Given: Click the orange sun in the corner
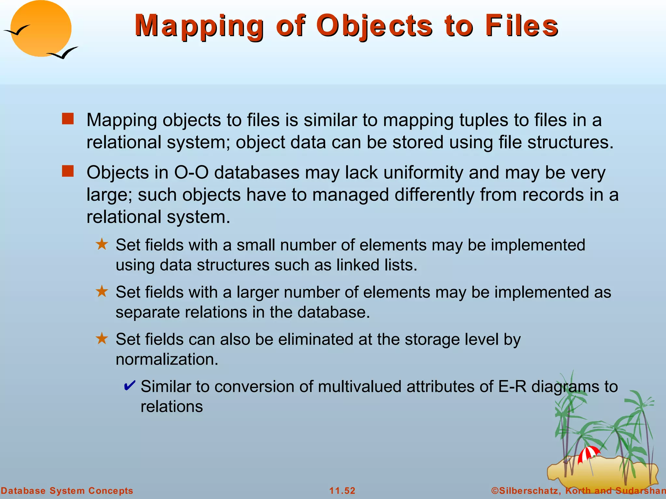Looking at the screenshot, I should [x=41, y=29].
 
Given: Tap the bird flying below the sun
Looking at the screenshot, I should [x=63, y=53].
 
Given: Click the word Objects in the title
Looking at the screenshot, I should [x=374, y=26].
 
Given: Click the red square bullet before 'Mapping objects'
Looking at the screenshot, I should [x=68, y=119].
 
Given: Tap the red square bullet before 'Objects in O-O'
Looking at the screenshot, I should [x=68, y=171].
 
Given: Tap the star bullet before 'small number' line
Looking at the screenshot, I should [x=102, y=244].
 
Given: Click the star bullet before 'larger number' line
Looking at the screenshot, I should [x=102, y=291].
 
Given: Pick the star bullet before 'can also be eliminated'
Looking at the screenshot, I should [x=102, y=339].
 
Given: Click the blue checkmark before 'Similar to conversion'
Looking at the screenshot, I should [x=129, y=386].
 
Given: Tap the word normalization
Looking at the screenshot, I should [x=167, y=359].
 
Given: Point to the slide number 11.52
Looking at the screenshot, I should [x=342, y=491].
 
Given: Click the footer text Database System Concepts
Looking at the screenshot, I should [x=67, y=491].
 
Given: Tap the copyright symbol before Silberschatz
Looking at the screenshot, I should [x=495, y=491].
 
